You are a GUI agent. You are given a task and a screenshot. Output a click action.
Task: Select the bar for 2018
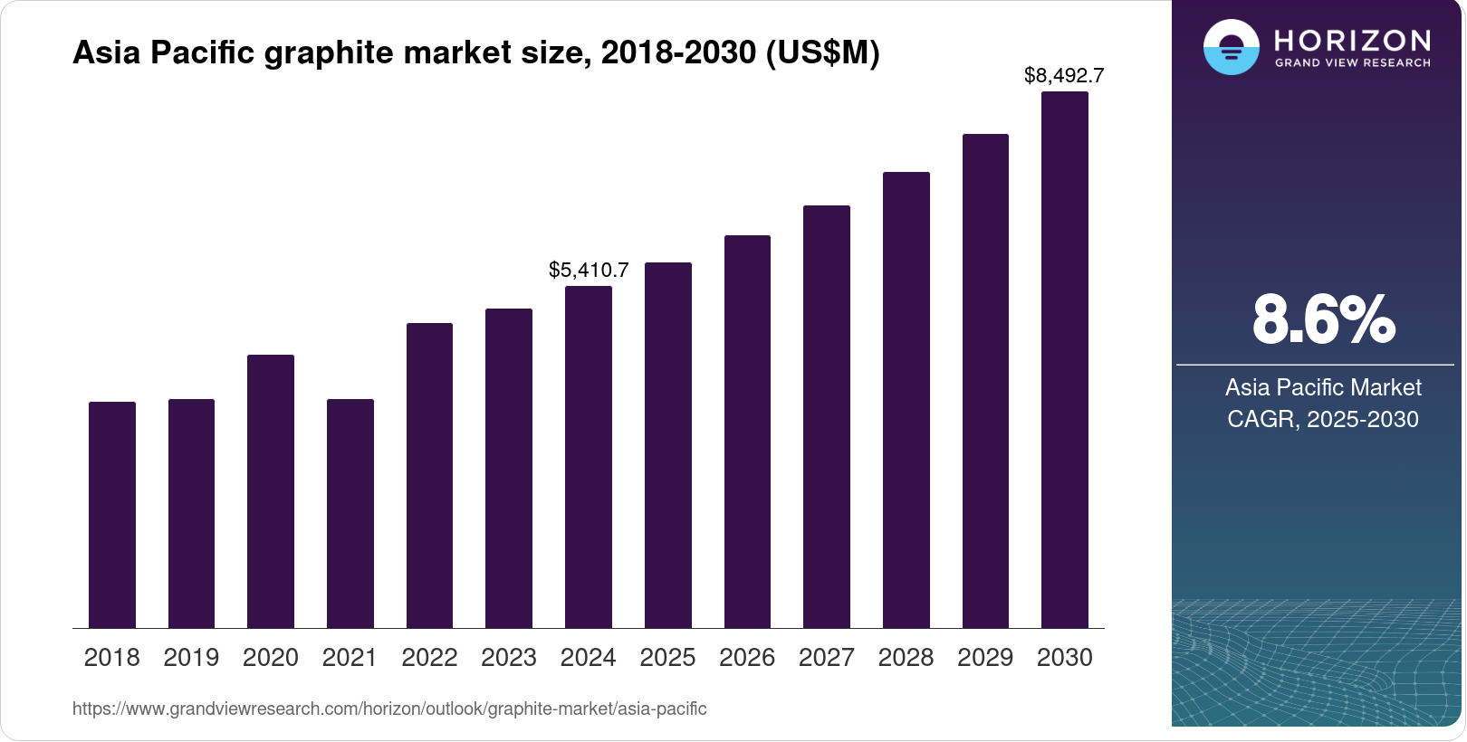click(112, 515)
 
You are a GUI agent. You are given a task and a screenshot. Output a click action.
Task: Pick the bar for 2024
click(589, 457)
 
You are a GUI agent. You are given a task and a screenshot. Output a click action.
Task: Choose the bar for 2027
click(827, 416)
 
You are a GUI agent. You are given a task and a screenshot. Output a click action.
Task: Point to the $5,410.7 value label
click(589, 270)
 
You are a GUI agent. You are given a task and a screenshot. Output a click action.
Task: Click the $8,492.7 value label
click(1064, 76)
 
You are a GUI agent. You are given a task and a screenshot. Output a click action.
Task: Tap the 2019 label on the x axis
click(191, 657)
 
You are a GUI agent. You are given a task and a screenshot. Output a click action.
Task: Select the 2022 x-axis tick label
click(429, 657)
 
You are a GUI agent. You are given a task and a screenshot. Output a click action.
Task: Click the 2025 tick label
click(667, 657)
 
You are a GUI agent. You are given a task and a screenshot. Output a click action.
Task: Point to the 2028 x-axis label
click(906, 657)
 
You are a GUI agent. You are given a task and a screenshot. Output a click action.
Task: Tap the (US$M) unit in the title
click(822, 53)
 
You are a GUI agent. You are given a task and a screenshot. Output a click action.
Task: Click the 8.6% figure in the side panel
click(1323, 319)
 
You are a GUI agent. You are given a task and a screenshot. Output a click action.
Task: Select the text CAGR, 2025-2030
click(1322, 419)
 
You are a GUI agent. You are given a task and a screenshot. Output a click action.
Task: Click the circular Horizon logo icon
click(1231, 47)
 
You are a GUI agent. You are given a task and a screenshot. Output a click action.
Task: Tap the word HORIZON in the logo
click(1352, 40)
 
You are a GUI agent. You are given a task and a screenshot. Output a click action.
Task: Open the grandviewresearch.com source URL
click(389, 709)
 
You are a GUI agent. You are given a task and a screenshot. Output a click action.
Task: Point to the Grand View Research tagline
click(1352, 63)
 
